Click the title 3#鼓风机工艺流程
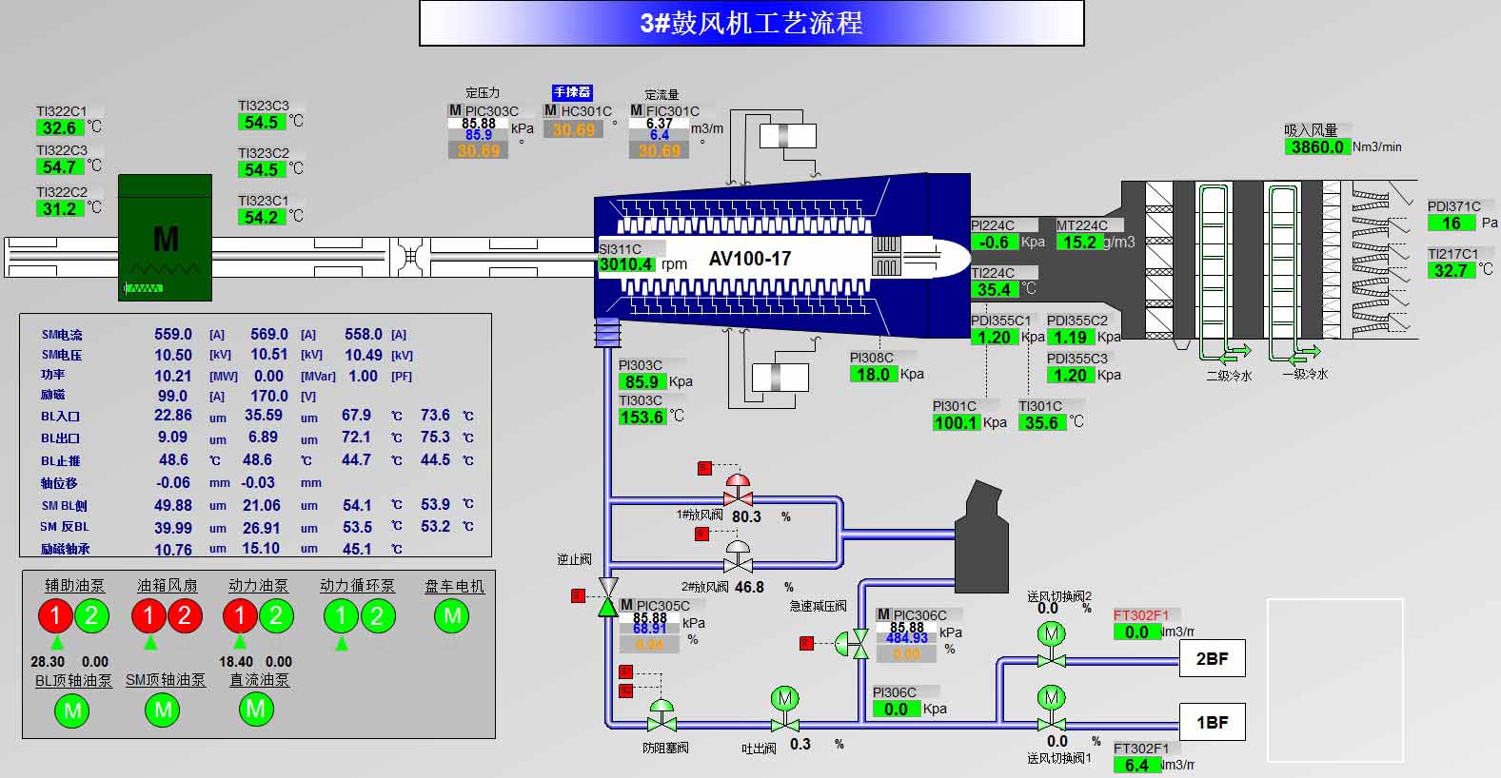[x=751, y=23]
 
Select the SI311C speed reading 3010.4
[x=626, y=264]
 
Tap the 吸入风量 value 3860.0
[x=1317, y=147]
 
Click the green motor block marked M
[x=166, y=238]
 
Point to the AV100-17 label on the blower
[x=750, y=259]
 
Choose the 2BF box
[x=1212, y=658]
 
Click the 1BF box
[x=1212, y=723]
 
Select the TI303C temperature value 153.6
[x=642, y=418]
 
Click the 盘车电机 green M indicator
[x=452, y=616]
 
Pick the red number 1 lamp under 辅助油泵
[x=55, y=616]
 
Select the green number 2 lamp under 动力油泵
[x=276, y=616]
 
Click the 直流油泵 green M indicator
[x=255, y=709]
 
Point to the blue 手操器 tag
[x=572, y=92]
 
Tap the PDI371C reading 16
[x=1451, y=224]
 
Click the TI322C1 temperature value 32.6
[x=59, y=128]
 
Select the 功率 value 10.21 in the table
[x=173, y=376]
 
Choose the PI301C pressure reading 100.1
[x=956, y=423]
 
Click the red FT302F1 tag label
[x=1141, y=615]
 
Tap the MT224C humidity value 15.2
[x=1079, y=243]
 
